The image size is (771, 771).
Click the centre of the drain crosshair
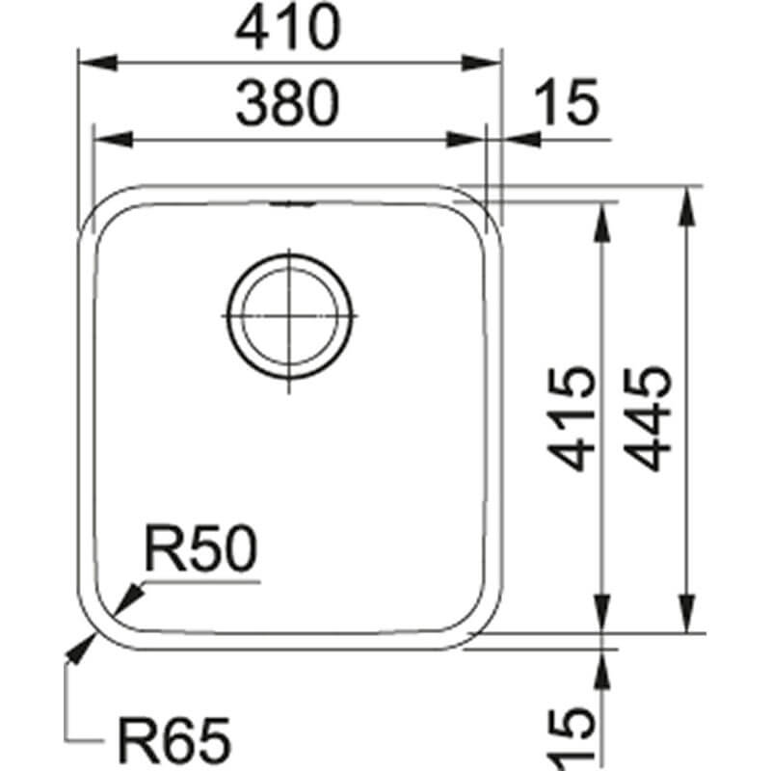click(x=290, y=316)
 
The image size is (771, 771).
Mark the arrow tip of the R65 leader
click(x=83, y=645)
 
